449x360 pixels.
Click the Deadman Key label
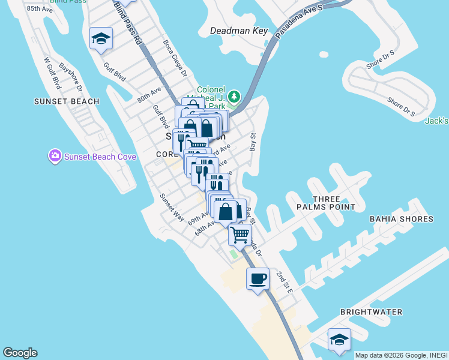point(237,31)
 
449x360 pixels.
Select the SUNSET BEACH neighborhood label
point(67,101)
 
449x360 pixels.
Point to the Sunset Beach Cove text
point(100,157)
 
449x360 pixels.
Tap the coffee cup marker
point(258,279)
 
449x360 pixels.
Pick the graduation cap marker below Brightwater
point(339,339)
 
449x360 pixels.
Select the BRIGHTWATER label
point(371,312)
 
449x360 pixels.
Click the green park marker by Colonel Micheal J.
point(234,96)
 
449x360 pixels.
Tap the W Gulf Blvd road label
point(53,73)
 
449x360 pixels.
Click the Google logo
point(20,353)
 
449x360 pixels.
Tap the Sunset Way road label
point(172,207)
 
